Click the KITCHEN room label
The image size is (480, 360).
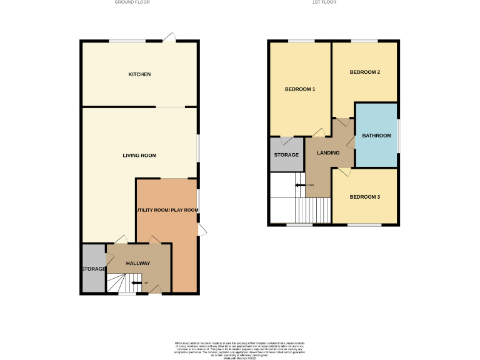[x=139, y=74]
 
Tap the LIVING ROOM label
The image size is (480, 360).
[x=139, y=156]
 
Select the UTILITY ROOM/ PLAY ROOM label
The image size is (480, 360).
[x=167, y=210]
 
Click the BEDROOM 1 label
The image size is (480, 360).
[x=299, y=89]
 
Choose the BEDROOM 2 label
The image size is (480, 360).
[x=364, y=72]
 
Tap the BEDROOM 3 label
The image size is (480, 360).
[x=364, y=197]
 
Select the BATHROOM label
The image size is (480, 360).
[x=376, y=136]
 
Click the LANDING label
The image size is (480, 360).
[x=328, y=153]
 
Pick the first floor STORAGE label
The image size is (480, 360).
[x=286, y=154]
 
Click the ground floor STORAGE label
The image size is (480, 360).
[x=92, y=269]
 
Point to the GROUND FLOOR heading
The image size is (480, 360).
[x=132, y=2]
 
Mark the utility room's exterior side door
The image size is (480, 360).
[x=201, y=230]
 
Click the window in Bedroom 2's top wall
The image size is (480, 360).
[x=364, y=41]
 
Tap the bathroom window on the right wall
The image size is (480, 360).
[x=398, y=135]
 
